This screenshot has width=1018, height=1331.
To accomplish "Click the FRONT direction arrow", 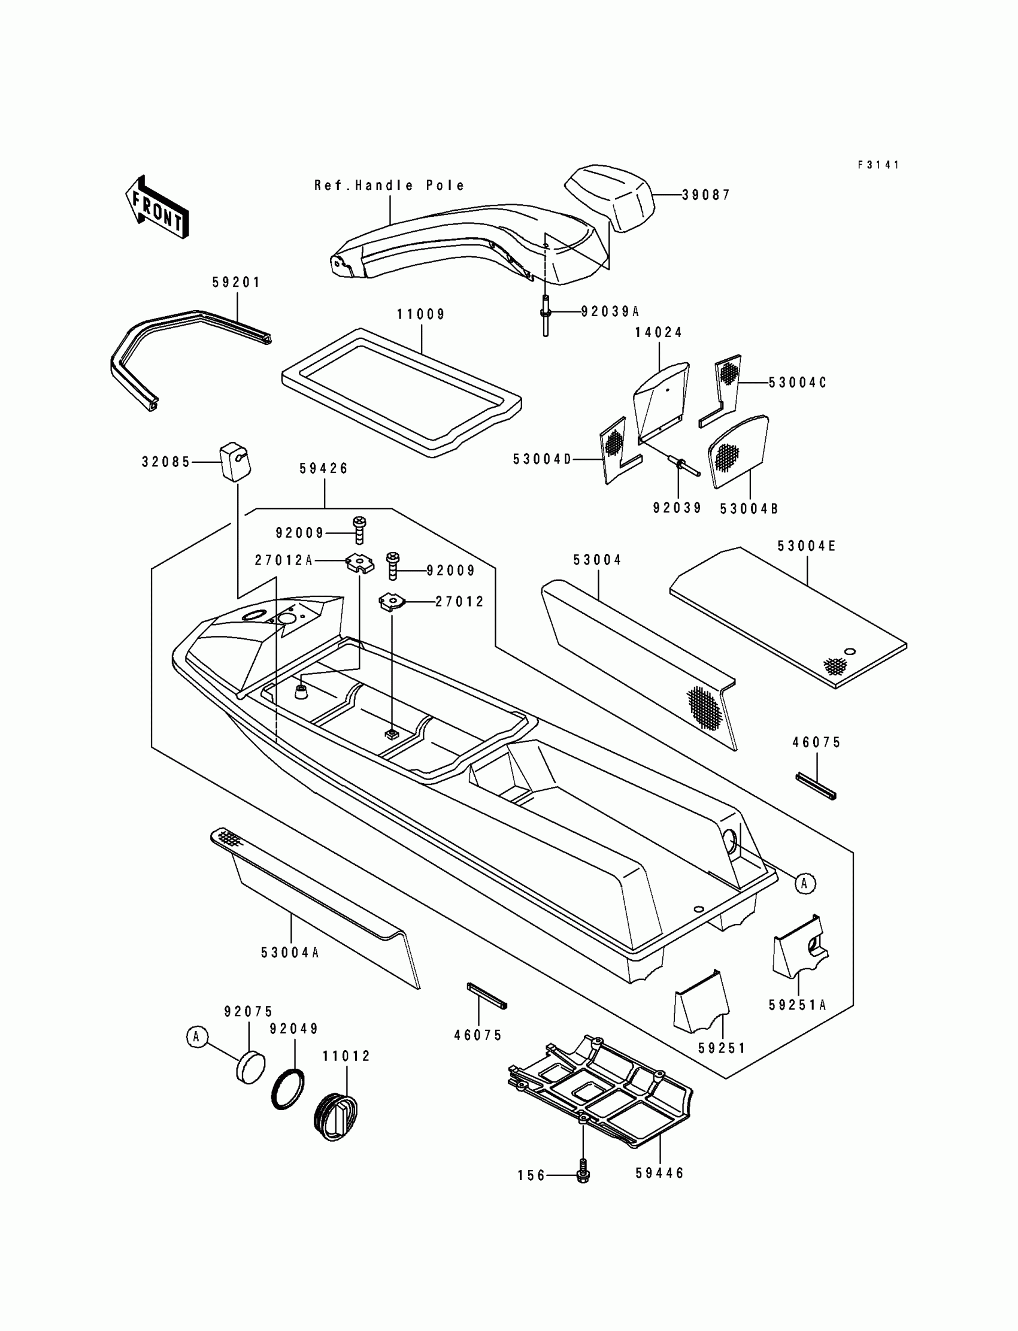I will pyautogui.click(x=157, y=207).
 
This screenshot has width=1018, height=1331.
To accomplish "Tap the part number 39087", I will pyautogui.click(x=706, y=195).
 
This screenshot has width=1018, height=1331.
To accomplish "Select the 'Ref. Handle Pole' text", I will pyautogui.click(x=389, y=186).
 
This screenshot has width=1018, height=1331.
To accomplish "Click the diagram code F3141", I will pyautogui.click(x=878, y=165).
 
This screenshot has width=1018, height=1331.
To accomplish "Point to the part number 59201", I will pyautogui.click(x=236, y=283).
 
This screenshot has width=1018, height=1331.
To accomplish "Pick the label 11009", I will pyautogui.click(x=420, y=314).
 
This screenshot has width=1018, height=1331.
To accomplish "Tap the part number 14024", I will pyautogui.click(x=658, y=332).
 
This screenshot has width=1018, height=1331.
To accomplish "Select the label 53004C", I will pyautogui.click(x=798, y=383).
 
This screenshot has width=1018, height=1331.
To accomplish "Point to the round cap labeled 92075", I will pyautogui.click(x=250, y=1068).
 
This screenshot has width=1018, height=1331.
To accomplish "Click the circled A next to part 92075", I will pyautogui.click(x=196, y=1036).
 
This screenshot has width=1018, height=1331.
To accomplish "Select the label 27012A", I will pyautogui.click(x=283, y=561).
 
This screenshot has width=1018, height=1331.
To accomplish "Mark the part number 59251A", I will pyautogui.click(x=798, y=1005).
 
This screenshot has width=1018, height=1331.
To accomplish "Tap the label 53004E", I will pyautogui.click(x=807, y=547).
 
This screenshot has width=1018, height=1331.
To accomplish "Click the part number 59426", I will pyautogui.click(x=323, y=468).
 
